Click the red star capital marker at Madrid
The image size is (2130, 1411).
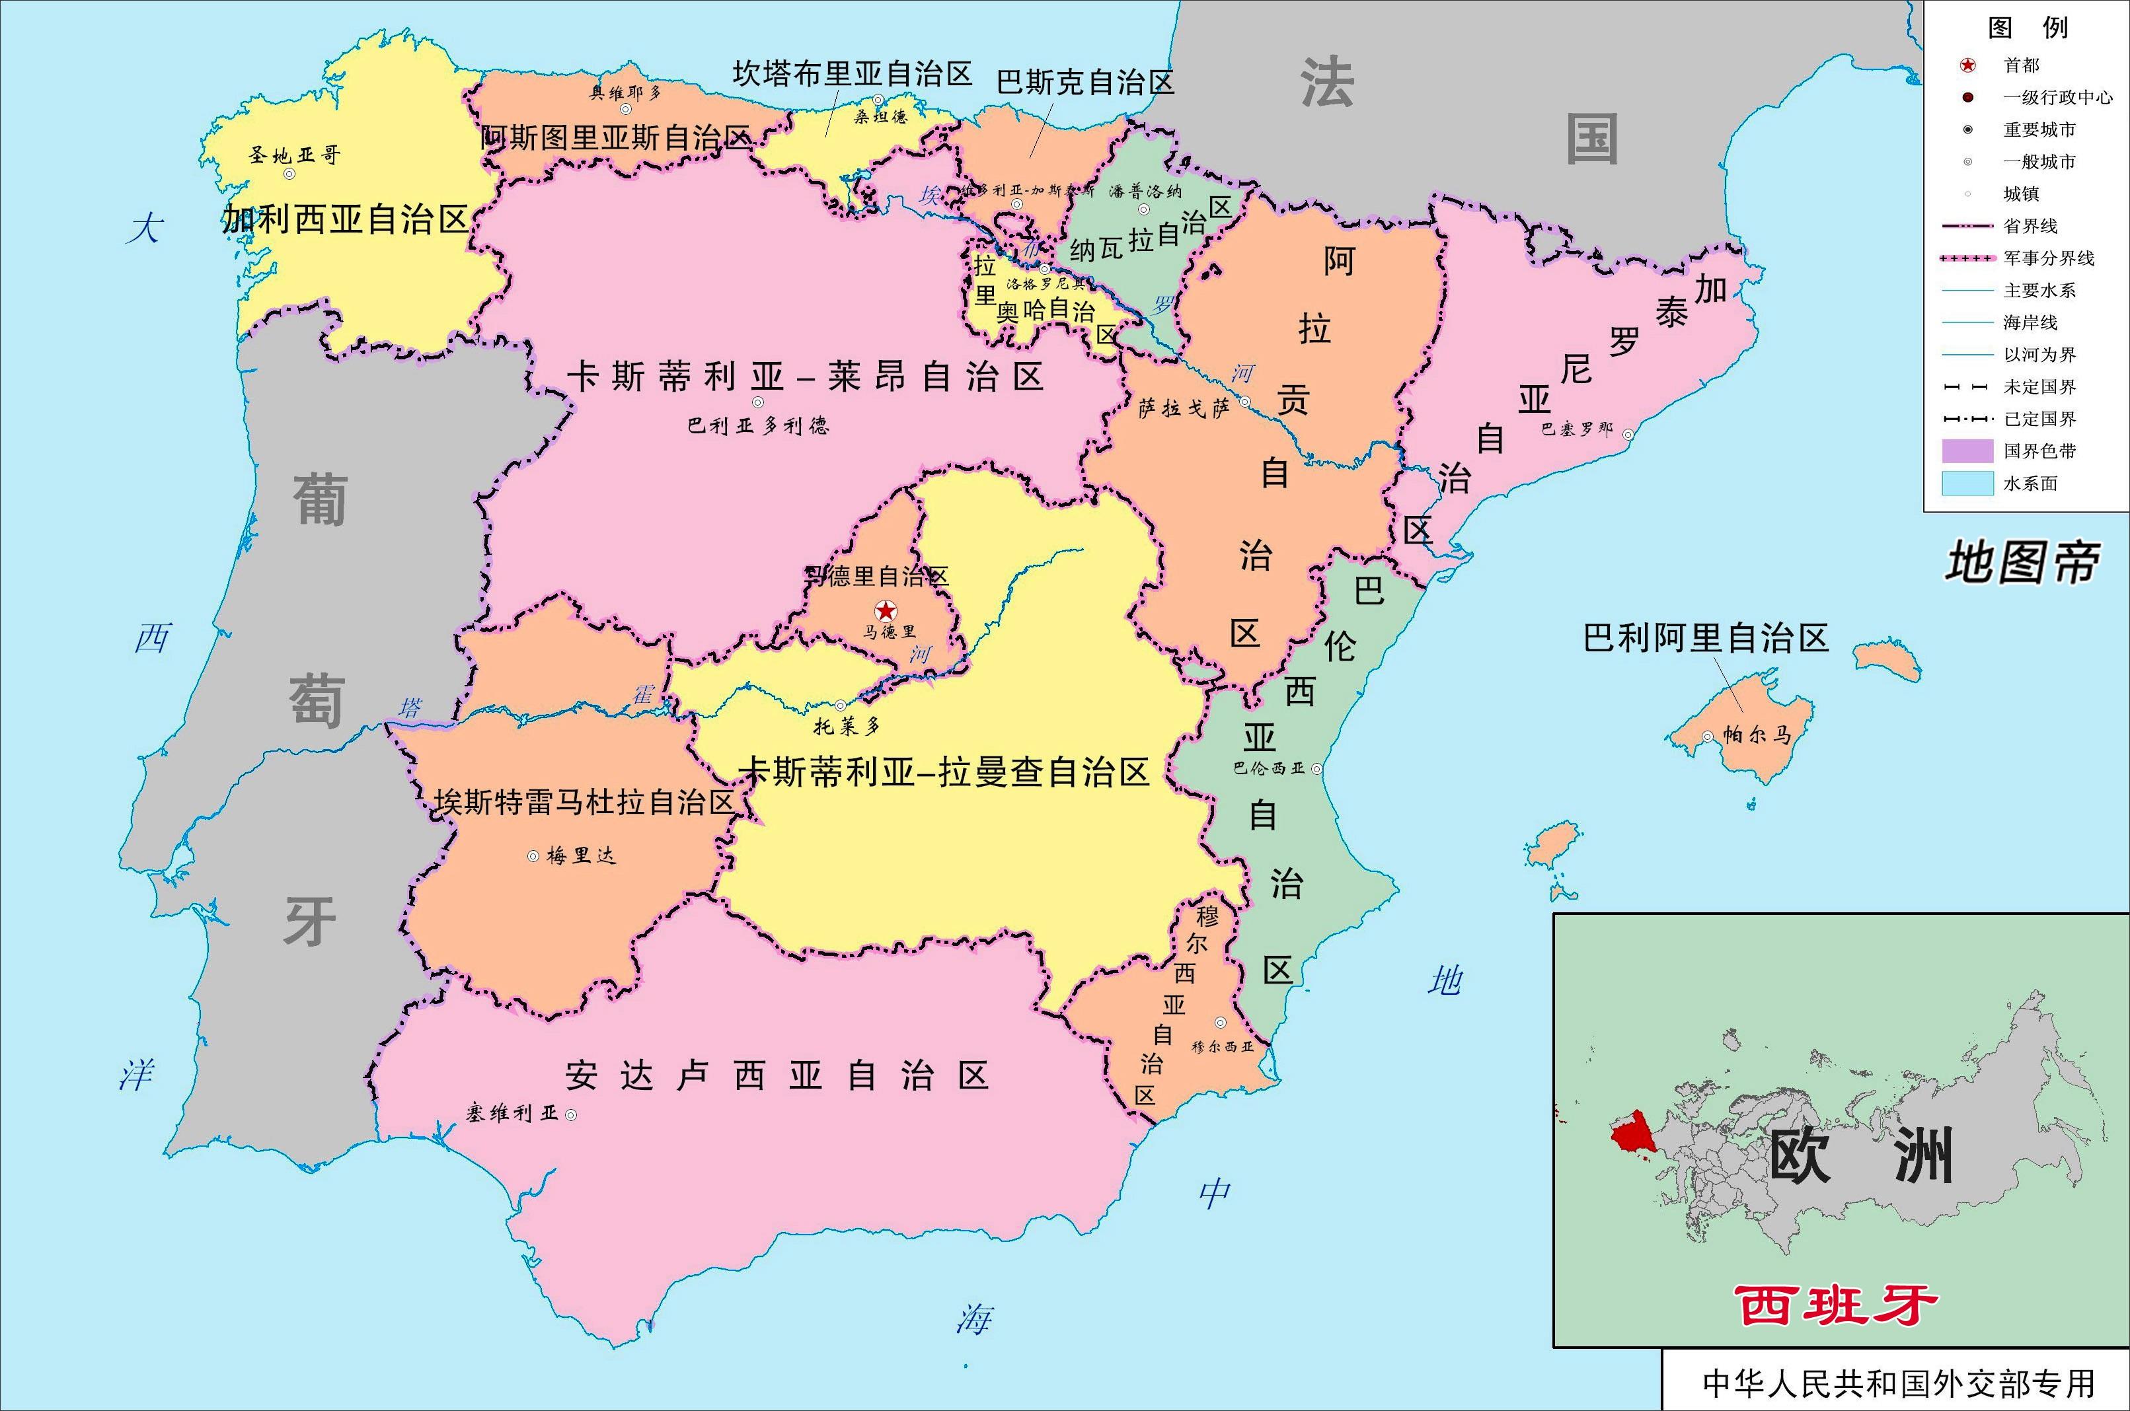(887, 610)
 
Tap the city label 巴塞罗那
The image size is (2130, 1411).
(1576, 429)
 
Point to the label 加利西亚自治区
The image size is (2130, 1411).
(345, 219)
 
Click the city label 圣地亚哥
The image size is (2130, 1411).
(294, 155)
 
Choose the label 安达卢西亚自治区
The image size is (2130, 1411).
(778, 1075)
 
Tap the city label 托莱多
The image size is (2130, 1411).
(846, 725)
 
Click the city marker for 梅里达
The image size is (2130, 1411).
(533, 855)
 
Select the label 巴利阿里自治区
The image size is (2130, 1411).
(1706, 638)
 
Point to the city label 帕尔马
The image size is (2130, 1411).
(1757, 735)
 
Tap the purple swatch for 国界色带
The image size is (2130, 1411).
(1967, 451)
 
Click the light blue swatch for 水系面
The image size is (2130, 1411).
(1967, 484)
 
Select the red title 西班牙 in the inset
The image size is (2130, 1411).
(1835, 1306)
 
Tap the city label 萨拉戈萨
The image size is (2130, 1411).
(1184, 408)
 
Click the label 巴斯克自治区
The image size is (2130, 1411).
(1084, 83)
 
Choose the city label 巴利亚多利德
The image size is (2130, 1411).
(758, 425)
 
